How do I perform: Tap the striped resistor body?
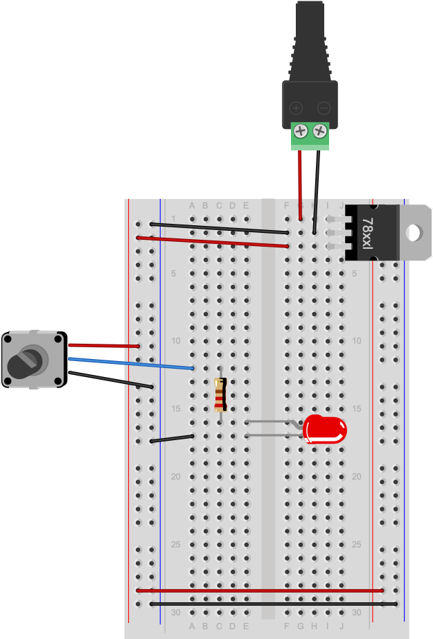(x=220, y=395)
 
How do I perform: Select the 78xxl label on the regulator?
(x=367, y=233)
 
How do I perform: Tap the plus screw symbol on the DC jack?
(x=296, y=108)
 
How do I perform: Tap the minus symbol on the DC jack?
(x=323, y=108)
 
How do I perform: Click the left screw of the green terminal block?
(x=301, y=130)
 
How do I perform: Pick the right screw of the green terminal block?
(x=319, y=130)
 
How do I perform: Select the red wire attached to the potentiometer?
(x=104, y=345)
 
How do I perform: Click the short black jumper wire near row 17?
(x=172, y=438)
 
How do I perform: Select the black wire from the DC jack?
(x=317, y=191)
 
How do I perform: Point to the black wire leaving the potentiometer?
(x=111, y=379)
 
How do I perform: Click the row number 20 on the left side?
(x=175, y=477)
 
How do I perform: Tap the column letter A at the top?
(x=192, y=205)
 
